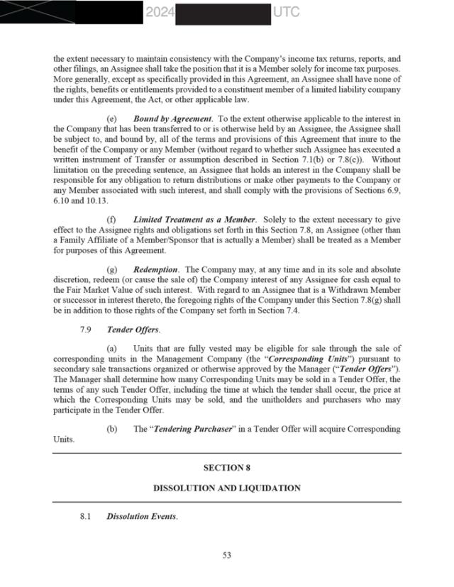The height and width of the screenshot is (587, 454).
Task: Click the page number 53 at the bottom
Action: click(x=226, y=556)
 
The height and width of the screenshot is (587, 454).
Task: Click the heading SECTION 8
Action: click(x=226, y=468)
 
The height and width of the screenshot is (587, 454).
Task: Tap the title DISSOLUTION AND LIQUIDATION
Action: click(x=226, y=488)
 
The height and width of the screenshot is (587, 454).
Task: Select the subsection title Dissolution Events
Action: click(x=141, y=517)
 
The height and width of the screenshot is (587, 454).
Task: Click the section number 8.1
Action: click(x=86, y=517)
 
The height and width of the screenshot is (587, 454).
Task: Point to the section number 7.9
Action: click(x=86, y=330)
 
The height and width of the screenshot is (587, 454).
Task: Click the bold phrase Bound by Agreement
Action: click(x=172, y=119)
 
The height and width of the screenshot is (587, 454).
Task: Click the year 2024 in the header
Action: click(x=160, y=12)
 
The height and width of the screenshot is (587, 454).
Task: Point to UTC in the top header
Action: click(x=285, y=12)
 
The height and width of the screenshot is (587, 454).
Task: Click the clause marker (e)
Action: click(x=111, y=119)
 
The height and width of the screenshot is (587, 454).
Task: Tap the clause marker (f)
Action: click(x=111, y=220)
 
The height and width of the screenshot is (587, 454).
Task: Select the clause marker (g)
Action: click(x=111, y=270)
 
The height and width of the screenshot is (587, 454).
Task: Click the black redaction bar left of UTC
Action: click(x=222, y=13)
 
